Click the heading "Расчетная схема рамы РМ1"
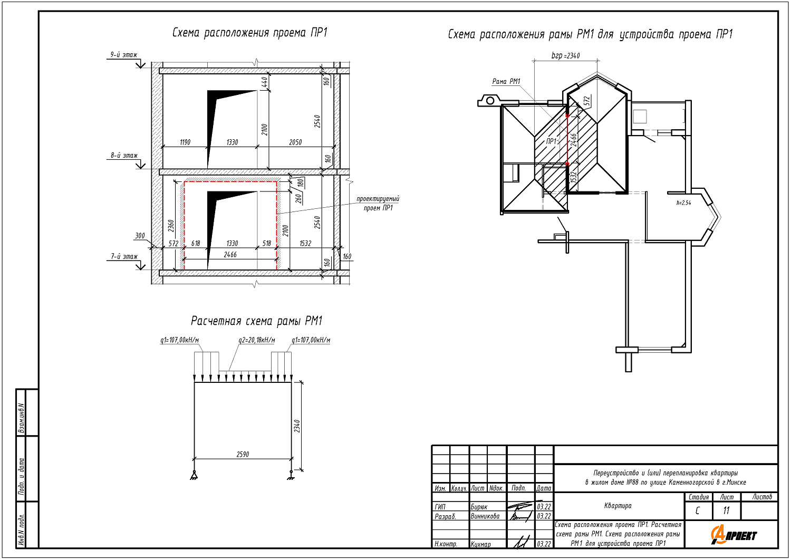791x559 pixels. [256, 321]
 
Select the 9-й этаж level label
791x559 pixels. [123, 55]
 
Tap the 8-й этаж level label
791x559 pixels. [124, 156]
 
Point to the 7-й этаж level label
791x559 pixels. [124, 257]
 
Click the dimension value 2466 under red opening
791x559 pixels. [230, 255]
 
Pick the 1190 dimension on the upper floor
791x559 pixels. [185, 142]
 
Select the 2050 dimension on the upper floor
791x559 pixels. [295, 142]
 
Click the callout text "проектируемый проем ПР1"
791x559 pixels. [378, 204]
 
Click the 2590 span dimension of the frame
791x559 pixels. [243, 454]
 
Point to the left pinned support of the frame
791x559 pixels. [194, 475]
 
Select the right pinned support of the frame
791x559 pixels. [291, 475]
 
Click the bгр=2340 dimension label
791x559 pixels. [565, 55]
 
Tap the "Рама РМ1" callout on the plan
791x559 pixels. [506, 82]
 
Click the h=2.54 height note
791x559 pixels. [683, 203]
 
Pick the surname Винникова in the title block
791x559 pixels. [485, 516]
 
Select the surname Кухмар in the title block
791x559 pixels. [480, 544]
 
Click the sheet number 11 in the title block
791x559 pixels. [726, 510]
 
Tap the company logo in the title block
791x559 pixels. [734, 535]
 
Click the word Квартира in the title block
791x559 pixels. [618, 506]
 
